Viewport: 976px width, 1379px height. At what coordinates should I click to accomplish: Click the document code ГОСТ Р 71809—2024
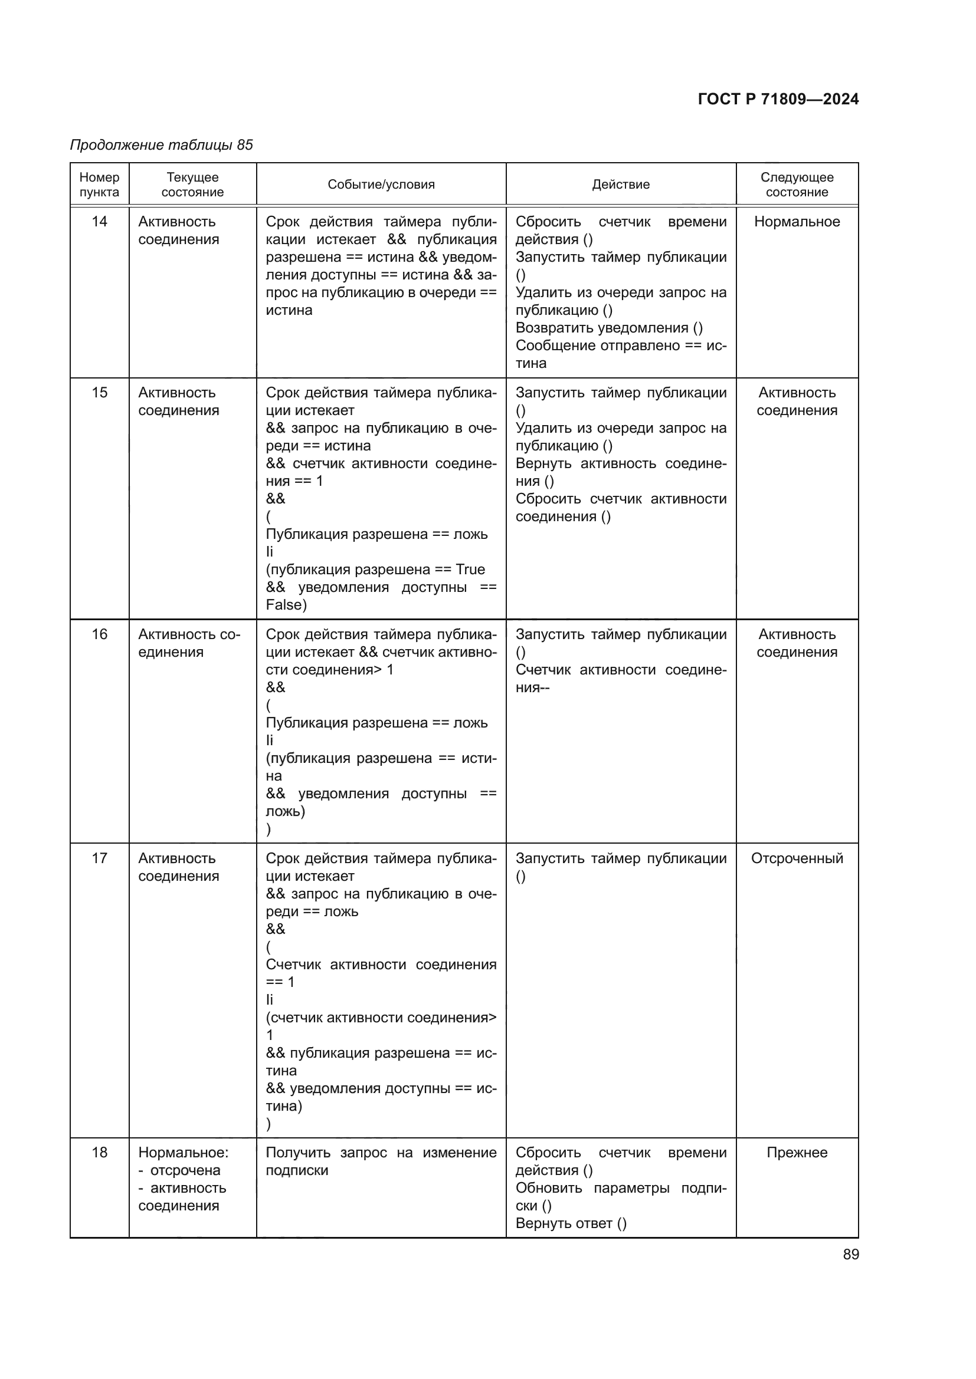[x=778, y=99]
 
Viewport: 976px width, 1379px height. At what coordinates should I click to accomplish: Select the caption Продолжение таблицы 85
[x=161, y=145]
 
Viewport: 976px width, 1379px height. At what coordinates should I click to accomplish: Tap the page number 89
[x=850, y=1254]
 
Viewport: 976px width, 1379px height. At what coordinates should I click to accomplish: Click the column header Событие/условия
[x=381, y=185]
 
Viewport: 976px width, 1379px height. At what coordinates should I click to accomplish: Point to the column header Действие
[x=621, y=185]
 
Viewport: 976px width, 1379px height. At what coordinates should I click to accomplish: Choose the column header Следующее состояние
[x=797, y=185]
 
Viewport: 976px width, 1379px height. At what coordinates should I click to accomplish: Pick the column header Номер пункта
[x=99, y=185]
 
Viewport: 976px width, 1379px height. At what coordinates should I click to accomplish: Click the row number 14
[x=99, y=222]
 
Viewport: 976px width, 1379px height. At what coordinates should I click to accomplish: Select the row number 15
[x=99, y=393]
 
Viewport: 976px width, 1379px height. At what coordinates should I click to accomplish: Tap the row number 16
[x=99, y=634]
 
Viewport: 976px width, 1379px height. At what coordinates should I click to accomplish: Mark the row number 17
[x=99, y=858]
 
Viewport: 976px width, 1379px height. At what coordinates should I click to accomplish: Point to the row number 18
[x=99, y=1153]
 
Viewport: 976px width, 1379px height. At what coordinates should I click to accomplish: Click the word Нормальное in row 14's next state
[x=797, y=222]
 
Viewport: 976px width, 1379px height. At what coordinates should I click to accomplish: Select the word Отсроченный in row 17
[x=797, y=858]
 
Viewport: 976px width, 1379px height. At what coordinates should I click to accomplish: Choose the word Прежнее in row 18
[x=797, y=1153]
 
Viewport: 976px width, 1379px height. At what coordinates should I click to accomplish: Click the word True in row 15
[x=470, y=570]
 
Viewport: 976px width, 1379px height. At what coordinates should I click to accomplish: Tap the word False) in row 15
[x=286, y=605]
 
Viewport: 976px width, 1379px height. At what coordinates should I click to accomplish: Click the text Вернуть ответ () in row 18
[x=571, y=1223]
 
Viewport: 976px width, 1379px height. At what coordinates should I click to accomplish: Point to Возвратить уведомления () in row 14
[x=609, y=328]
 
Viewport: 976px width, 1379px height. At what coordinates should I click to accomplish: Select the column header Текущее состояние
[x=192, y=185]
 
